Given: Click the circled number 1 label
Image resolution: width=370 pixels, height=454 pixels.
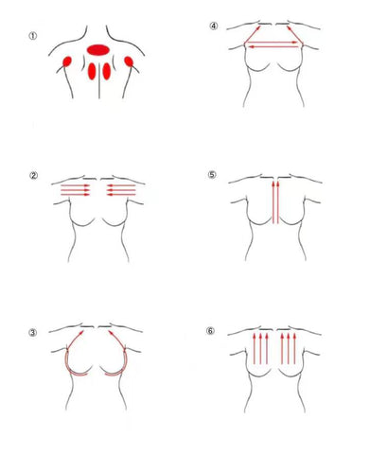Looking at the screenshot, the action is [x=33, y=36].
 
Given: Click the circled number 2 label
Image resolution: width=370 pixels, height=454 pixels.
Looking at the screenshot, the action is [x=33, y=175].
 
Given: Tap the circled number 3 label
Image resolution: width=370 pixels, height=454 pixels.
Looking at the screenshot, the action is [x=33, y=333].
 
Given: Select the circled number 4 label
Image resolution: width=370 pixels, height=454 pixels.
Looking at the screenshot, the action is [x=214, y=26].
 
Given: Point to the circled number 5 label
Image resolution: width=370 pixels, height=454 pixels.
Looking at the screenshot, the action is [x=212, y=174].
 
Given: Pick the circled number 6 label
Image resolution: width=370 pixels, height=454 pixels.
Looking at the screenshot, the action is [x=210, y=331].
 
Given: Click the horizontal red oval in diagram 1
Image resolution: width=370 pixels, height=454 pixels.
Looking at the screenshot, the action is [x=98, y=49].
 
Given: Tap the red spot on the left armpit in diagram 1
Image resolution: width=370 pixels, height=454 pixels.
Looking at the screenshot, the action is [x=67, y=61].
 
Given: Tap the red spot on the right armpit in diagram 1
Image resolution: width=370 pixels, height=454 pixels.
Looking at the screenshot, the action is [x=129, y=61].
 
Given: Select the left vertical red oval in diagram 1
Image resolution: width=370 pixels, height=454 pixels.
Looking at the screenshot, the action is [x=92, y=71].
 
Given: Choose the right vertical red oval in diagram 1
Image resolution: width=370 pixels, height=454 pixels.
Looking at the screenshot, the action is [x=107, y=71].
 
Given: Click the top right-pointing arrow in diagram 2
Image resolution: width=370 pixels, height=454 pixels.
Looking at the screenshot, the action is [x=76, y=185].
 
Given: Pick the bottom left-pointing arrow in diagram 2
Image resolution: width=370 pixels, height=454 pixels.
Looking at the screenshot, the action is [x=121, y=195].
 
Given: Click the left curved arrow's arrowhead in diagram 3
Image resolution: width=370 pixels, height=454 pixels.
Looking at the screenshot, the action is [x=81, y=333].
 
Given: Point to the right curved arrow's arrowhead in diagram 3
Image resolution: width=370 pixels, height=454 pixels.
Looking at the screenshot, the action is [x=112, y=333].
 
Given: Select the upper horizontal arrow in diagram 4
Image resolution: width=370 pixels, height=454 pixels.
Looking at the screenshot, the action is [x=272, y=43].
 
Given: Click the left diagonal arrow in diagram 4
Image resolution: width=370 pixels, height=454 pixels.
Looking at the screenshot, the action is [x=253, y=34].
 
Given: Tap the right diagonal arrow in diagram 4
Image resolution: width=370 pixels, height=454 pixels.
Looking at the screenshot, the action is [x=294, y=34].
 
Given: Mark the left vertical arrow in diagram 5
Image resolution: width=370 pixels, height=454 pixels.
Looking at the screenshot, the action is [x=273, y=202].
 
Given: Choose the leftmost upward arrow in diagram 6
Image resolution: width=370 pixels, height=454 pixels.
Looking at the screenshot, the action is [x=255, y=349].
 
